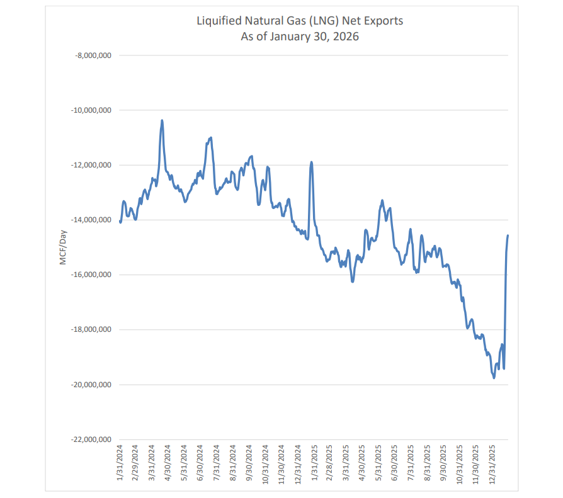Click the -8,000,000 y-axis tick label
pyautogui.click(x=93, y=55)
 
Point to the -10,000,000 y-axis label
pyautogui.click(x=91, y=110)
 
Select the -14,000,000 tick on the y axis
pyautogui.click(x=91, y=220)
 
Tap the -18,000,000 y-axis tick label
pyautogui.click(x=91, y=329)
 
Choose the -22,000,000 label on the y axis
pyautogui.click(x=91, y=439)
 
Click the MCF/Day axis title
pyautogui.click(x=63, y=247)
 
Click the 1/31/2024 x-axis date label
pyautogui.click(x=120, y=463)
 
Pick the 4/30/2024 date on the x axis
pyautogui.click(x=168, y=463)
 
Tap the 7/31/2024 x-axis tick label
pyautogui.click(x=217, y=463)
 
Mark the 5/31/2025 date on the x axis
pyautogui.click(x=379, y=463)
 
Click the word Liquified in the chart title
pyautogui.click(x=219, y=21)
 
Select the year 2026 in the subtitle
pyautogui.click(x=346, y=37)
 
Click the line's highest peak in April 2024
pyautogui.click(x=162, y=120)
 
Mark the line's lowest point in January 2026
pyautogui.click(x=494, y=378)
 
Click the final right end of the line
pyautogui.click(x=508, y=235)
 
